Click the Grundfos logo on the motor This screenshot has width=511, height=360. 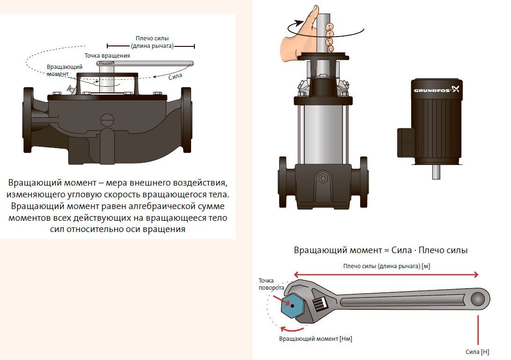click(437, 89)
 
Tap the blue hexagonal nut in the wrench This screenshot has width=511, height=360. click(292, 306)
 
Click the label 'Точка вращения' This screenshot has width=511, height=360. click(107, 56)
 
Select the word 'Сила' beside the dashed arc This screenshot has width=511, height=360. click(175, 76)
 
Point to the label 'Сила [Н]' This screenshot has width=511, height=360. click(477, 352)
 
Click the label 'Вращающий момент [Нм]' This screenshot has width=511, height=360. click(316, 339)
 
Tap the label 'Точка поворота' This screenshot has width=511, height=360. click(271, 284)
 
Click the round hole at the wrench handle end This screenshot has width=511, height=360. click(477, 299)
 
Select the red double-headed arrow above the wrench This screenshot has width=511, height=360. click(386, 275)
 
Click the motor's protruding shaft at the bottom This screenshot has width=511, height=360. click(436, 172)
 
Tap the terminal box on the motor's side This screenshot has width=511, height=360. click(406, 142)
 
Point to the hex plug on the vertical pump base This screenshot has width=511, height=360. click(323, 179)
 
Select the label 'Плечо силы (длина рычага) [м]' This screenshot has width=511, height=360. click(386, 266)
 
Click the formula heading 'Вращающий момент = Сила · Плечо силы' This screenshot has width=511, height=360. click(381, 250)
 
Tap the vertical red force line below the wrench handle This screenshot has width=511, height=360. click(478, 330)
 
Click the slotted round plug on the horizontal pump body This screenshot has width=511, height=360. click(107, 120)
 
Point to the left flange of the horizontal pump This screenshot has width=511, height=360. click(28, 120)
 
